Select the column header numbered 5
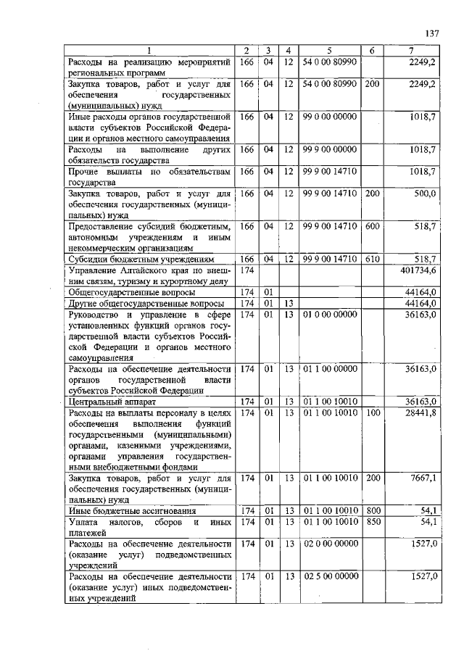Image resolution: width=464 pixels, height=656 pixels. (x=329, y=50)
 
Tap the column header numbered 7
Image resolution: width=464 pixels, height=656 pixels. (x=411, y=50)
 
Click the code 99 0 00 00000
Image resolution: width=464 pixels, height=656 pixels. (x=331, y=115)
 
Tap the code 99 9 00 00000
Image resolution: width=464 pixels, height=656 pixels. (x=331, y=149)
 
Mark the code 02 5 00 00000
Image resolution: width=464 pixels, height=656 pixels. (x=331, y=576)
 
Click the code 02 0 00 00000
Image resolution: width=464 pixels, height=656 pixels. (x=331, y=544)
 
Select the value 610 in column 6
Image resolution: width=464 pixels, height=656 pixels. (x=372, y=259)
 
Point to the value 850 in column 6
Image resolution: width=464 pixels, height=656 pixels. (x=372, y=521)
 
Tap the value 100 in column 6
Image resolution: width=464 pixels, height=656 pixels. (x=372, y=412)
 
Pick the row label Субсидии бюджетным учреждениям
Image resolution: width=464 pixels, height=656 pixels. (x=141, y=259)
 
